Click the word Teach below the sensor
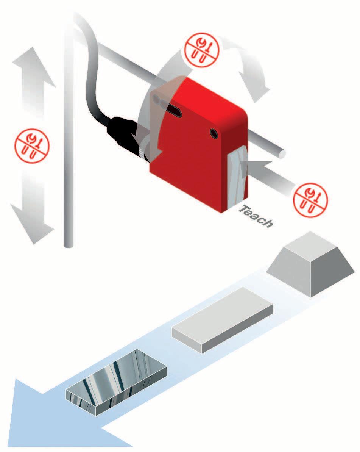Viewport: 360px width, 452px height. (x=257, y=216)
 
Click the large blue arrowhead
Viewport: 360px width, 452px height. (x=45, y=417)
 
